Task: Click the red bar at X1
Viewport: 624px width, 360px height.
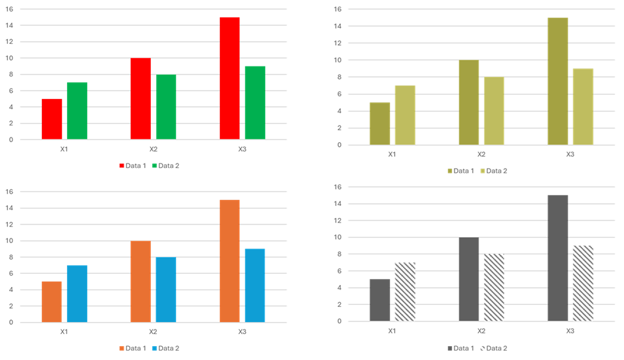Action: coord(52,119)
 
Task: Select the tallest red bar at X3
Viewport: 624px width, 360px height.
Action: coord(229,78)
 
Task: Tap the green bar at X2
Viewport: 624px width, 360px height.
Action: coord(166,107)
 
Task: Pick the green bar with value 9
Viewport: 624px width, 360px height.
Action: coord(255,103)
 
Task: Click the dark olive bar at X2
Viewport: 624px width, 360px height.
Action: coord(468,102)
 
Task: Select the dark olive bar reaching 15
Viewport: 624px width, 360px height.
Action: coord(558,81)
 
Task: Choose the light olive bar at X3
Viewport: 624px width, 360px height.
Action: coord(583,107)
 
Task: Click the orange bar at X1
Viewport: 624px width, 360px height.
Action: coord(52,302)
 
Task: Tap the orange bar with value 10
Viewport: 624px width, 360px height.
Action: coord(141,282)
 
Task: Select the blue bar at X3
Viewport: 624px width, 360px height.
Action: coord(255,286)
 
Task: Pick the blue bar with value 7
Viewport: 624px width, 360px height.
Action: coord(77,294)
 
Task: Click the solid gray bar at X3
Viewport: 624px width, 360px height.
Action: coord(558,258)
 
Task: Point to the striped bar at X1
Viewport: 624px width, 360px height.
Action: coord(405,292)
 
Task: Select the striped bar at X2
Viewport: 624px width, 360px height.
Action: coord(494,288)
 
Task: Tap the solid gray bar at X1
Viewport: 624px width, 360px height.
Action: coord(379,300)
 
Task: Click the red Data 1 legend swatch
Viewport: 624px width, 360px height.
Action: coord(122,166)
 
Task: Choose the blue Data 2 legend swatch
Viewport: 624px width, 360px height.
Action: coord(155,349)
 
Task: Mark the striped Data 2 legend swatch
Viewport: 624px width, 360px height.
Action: coord(482,348)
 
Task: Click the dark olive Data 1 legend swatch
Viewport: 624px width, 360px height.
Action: coord(450,171)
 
